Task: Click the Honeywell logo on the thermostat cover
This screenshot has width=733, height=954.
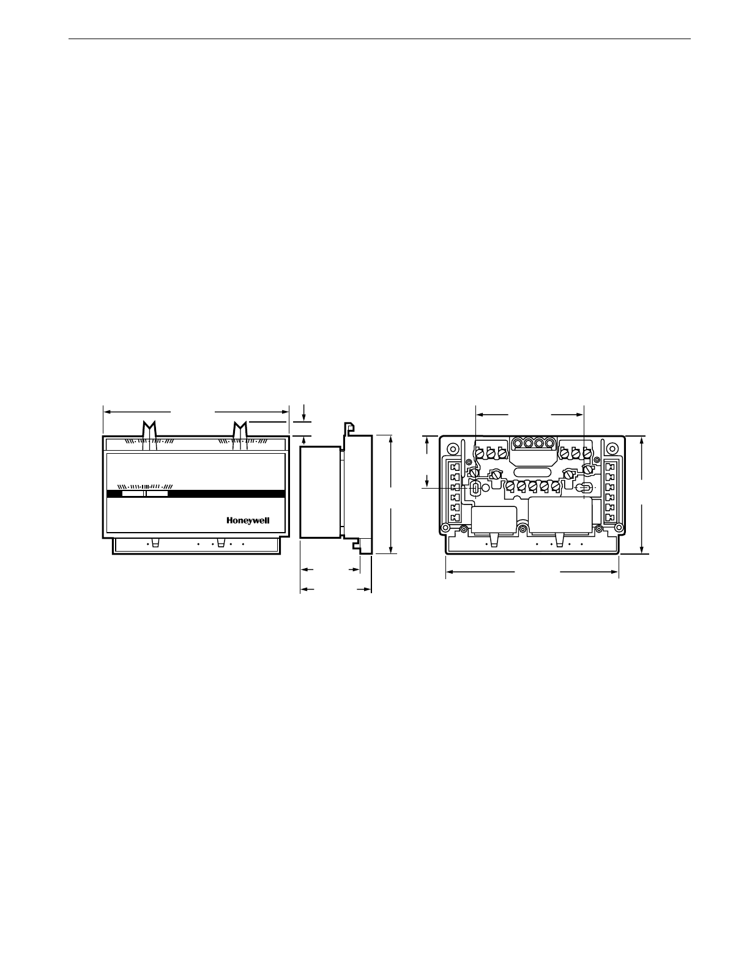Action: [x=248, y=520]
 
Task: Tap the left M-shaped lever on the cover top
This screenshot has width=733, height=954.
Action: [x=149, y=435]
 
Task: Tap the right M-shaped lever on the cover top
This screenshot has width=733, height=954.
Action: [x=240, y=435]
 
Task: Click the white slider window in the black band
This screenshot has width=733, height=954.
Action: [x=144, y=494]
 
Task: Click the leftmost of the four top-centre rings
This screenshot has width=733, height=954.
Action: [x=518, y=443]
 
